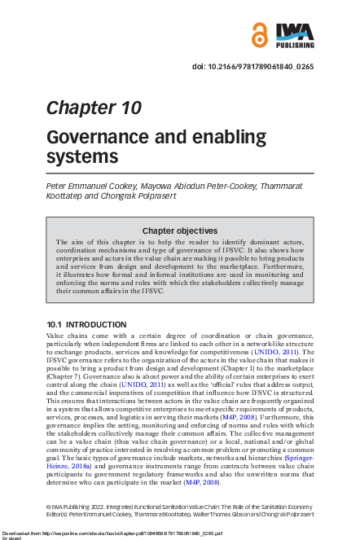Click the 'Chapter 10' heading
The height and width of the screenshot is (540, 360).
pyautogui.click(x=94, y=108)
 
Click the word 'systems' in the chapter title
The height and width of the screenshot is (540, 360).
pyautogui.click(x=82, y=156)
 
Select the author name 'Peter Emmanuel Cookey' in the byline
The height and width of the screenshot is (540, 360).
pyautogui.click(x=90, y=187)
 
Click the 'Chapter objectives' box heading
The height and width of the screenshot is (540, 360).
pyautogui.click(x=180, y=230)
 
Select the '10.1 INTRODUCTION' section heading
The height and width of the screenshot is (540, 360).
pyautogui.click(x=86, y=324)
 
